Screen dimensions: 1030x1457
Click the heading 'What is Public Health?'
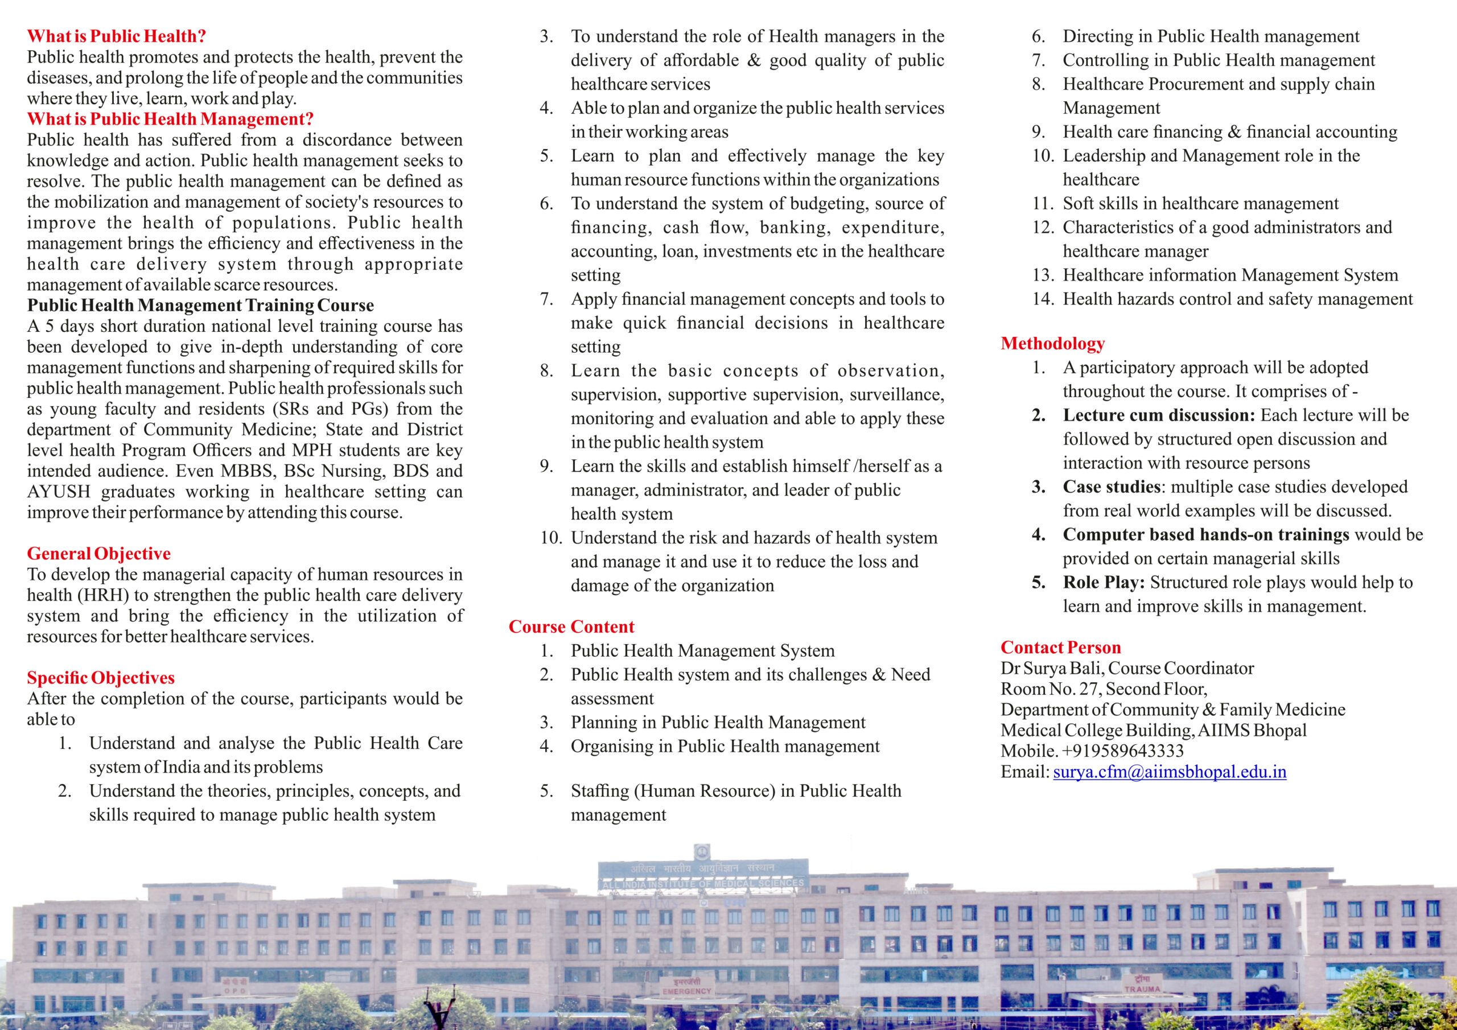116,36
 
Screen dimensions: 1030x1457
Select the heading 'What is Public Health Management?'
170,119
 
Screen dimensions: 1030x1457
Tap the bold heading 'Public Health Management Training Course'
200,305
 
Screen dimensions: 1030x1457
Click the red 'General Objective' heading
98,553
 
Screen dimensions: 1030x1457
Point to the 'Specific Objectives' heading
100,678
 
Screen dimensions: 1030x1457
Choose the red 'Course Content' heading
571,627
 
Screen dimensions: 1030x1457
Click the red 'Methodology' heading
1052,343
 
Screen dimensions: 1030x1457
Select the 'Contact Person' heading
1060,648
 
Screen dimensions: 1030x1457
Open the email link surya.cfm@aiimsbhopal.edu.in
1169,772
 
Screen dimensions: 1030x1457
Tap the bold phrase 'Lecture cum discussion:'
1159,415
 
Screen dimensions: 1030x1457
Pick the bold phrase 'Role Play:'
1104,582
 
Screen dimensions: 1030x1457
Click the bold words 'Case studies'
1111,487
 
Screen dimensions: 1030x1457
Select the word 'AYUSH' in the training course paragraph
59,492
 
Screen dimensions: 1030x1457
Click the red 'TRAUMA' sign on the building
1142,989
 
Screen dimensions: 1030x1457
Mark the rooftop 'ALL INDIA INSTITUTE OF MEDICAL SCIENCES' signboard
702,883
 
